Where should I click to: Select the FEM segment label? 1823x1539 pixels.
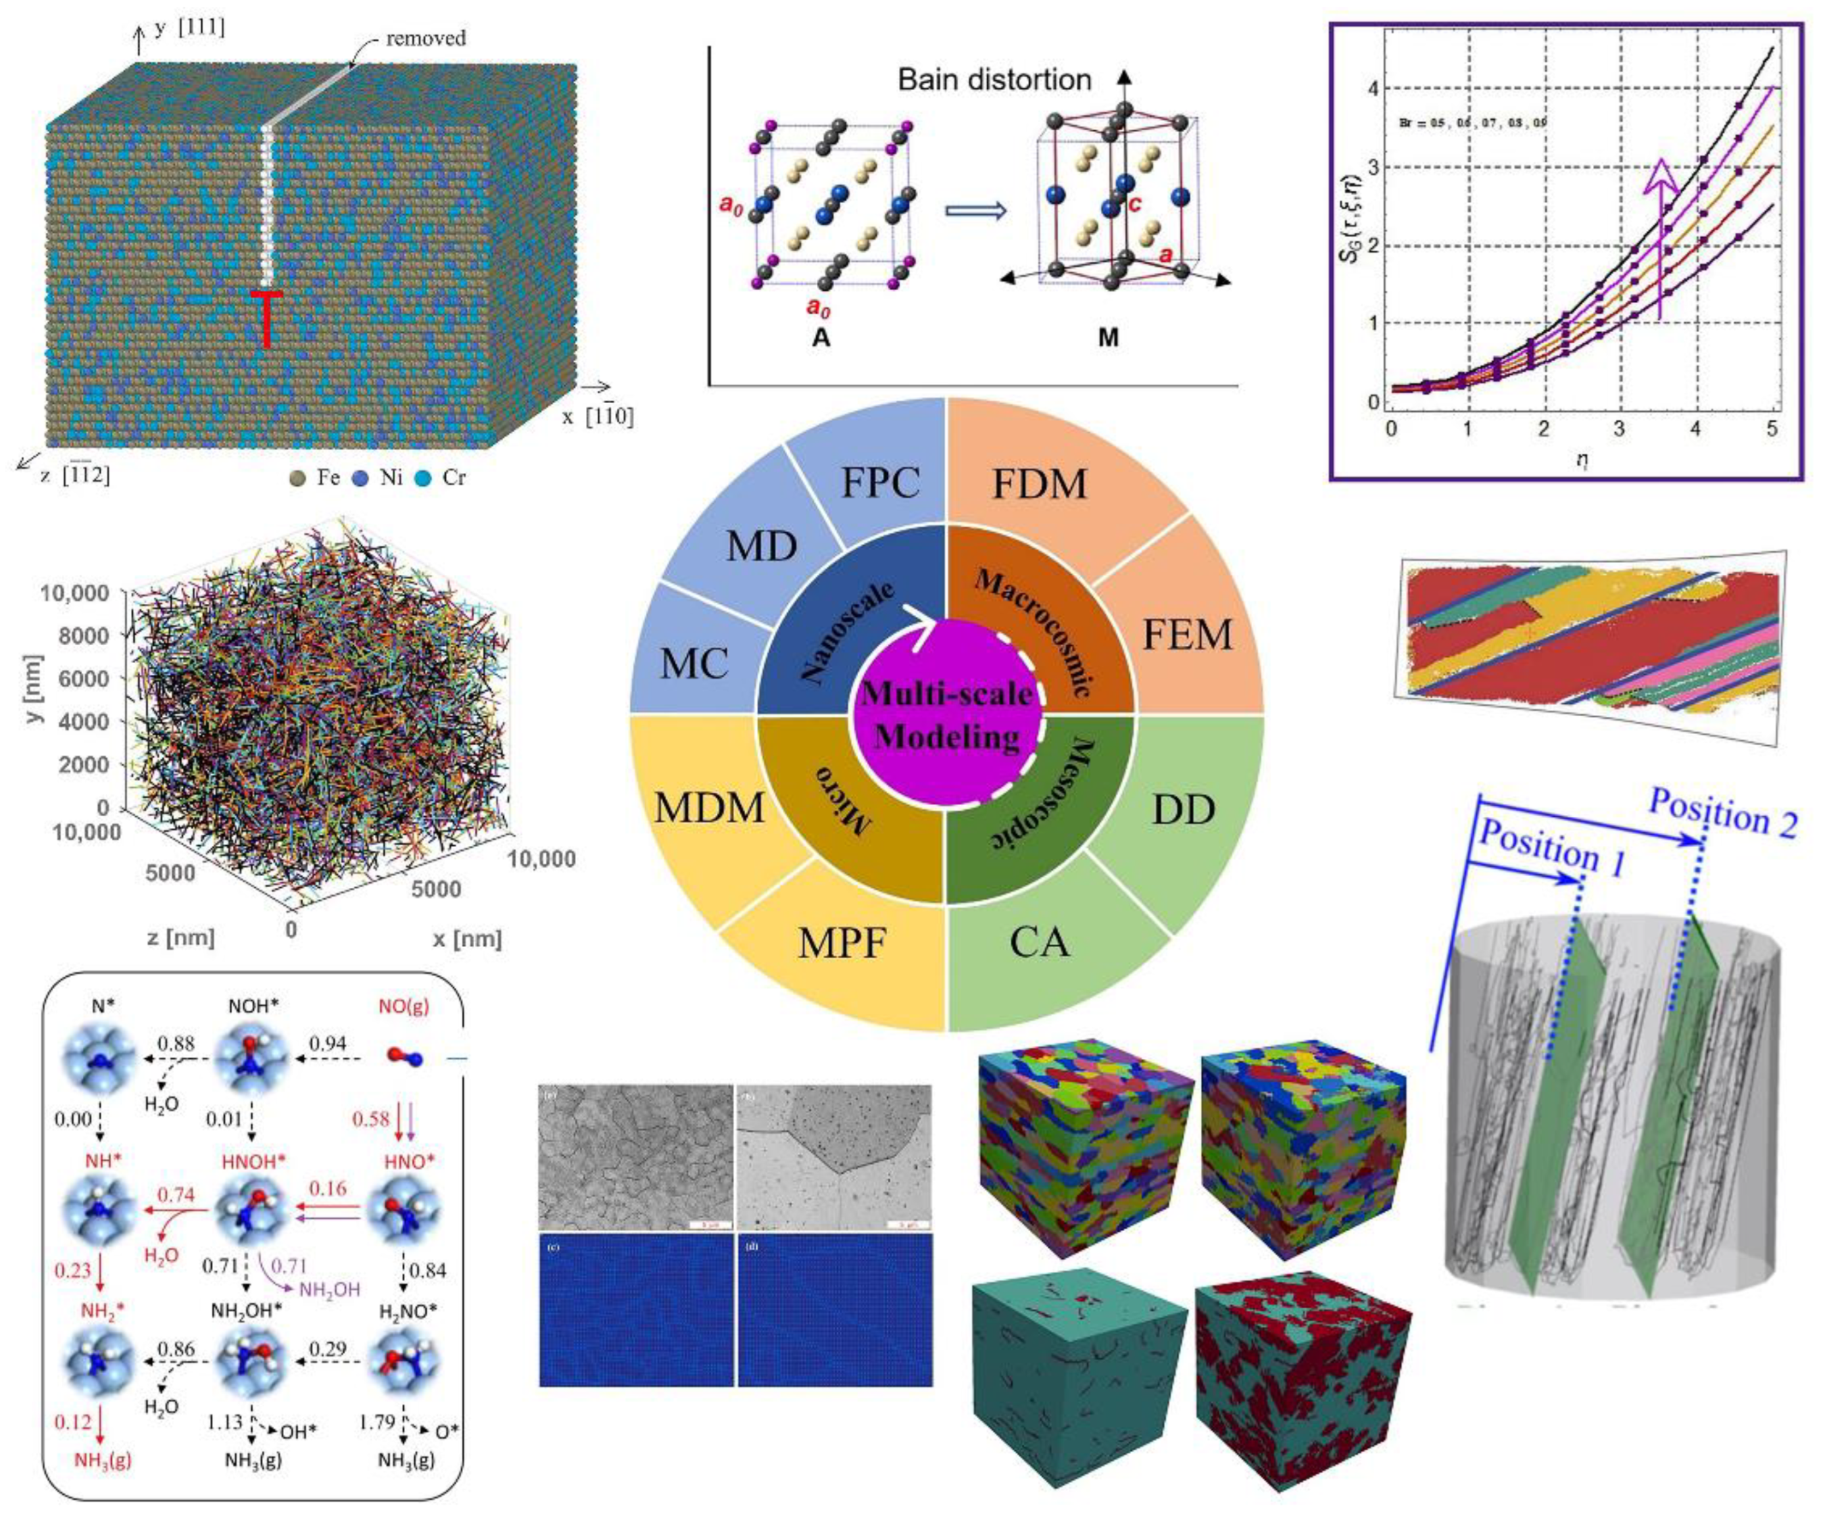(1186, 634)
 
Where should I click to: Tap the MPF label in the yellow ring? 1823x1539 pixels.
(841, 943)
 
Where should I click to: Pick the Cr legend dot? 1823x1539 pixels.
(423, 478)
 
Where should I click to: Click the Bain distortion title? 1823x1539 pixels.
(994, 80)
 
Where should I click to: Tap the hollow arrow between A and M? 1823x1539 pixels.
(975, 210)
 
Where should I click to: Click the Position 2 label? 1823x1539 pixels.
(1722, 813)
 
